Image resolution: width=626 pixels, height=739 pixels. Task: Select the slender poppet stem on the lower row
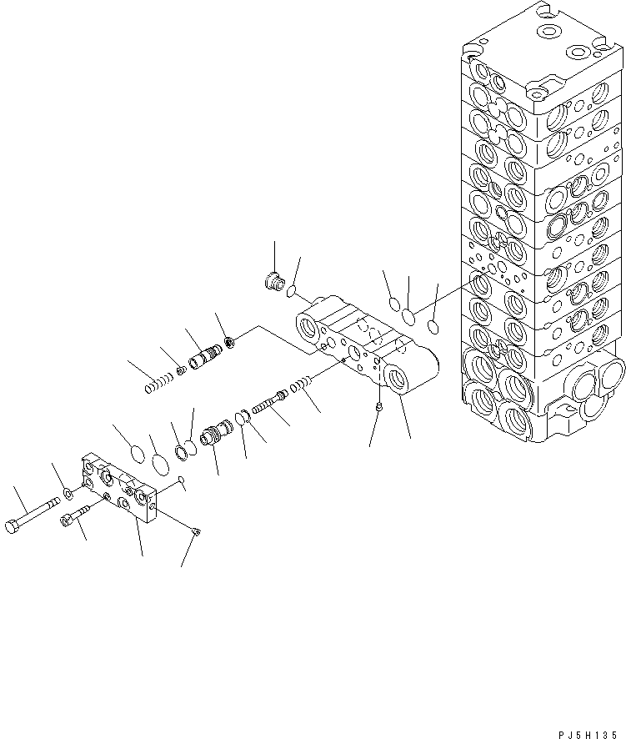268,404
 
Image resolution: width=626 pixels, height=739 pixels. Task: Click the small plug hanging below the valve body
378,406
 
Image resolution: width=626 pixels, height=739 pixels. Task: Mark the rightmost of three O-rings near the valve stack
431,326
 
